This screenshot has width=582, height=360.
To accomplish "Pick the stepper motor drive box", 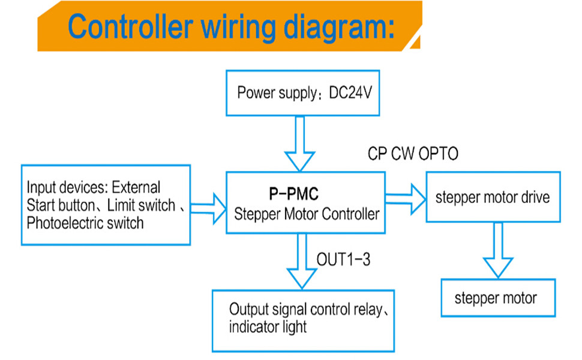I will click(493, 197).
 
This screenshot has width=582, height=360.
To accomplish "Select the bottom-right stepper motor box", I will click(496, 298).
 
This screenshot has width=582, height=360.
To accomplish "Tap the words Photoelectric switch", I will click(85, 223).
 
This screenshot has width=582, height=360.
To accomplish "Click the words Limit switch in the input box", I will click(142, 205).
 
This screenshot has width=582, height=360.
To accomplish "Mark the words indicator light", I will click(268, 327).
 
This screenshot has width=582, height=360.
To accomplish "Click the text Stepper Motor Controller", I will click(306, 213).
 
